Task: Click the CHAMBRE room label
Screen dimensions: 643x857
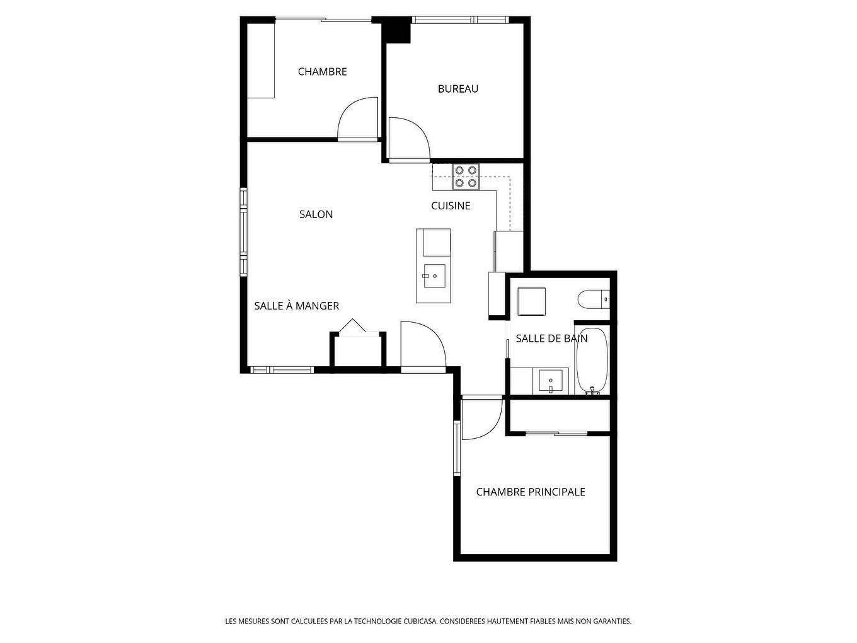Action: coord(322,72)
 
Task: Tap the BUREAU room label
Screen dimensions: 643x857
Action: coord(458,89)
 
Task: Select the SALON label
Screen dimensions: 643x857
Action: coord(316,214)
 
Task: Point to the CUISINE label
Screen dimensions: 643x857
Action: coord(451,206)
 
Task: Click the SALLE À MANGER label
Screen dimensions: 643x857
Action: coord(296,306)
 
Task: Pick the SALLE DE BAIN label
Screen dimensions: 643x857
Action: coord(551,339)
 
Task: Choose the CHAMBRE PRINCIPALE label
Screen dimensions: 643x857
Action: coord(531,492)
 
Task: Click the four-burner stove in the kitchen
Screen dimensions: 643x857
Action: coord(466,177)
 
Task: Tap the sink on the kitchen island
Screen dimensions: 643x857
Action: coord(434,275)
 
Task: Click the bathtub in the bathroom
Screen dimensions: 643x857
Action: coord(592,361)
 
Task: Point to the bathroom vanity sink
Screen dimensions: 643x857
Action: coord(551,381)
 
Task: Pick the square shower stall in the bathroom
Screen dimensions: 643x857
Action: coord(532,301)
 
